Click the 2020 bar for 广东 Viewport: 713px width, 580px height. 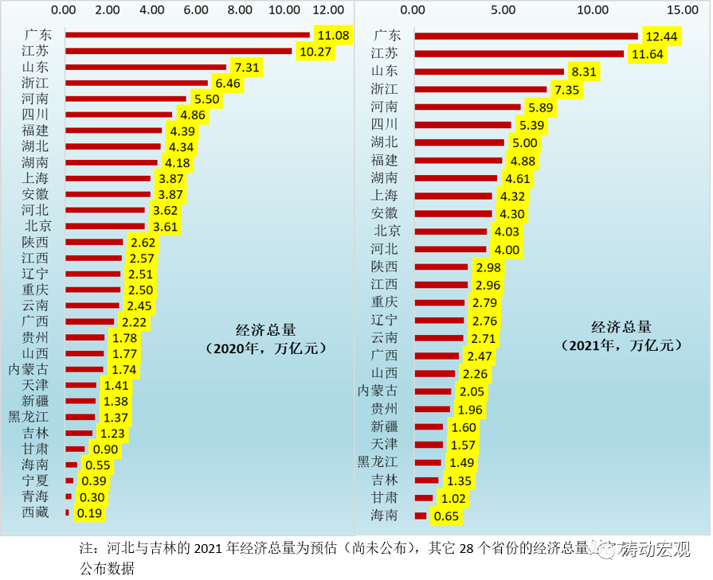(187, 35)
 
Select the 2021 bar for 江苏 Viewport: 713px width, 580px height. (519, 53)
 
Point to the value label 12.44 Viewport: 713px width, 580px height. (661, 37)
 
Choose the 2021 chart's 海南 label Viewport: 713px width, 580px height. (385, 516)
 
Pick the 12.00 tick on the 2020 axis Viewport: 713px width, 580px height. (327, 10)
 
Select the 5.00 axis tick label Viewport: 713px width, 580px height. (503, 10)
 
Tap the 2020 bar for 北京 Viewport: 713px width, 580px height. (105, 226)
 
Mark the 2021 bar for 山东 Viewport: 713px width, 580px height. (489, 72)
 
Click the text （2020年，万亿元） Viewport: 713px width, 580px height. (265, 348)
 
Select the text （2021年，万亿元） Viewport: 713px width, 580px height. (622, 344)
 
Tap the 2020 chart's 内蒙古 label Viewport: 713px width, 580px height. (29, 369)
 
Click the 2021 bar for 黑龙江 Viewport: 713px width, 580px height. (428, 462)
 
